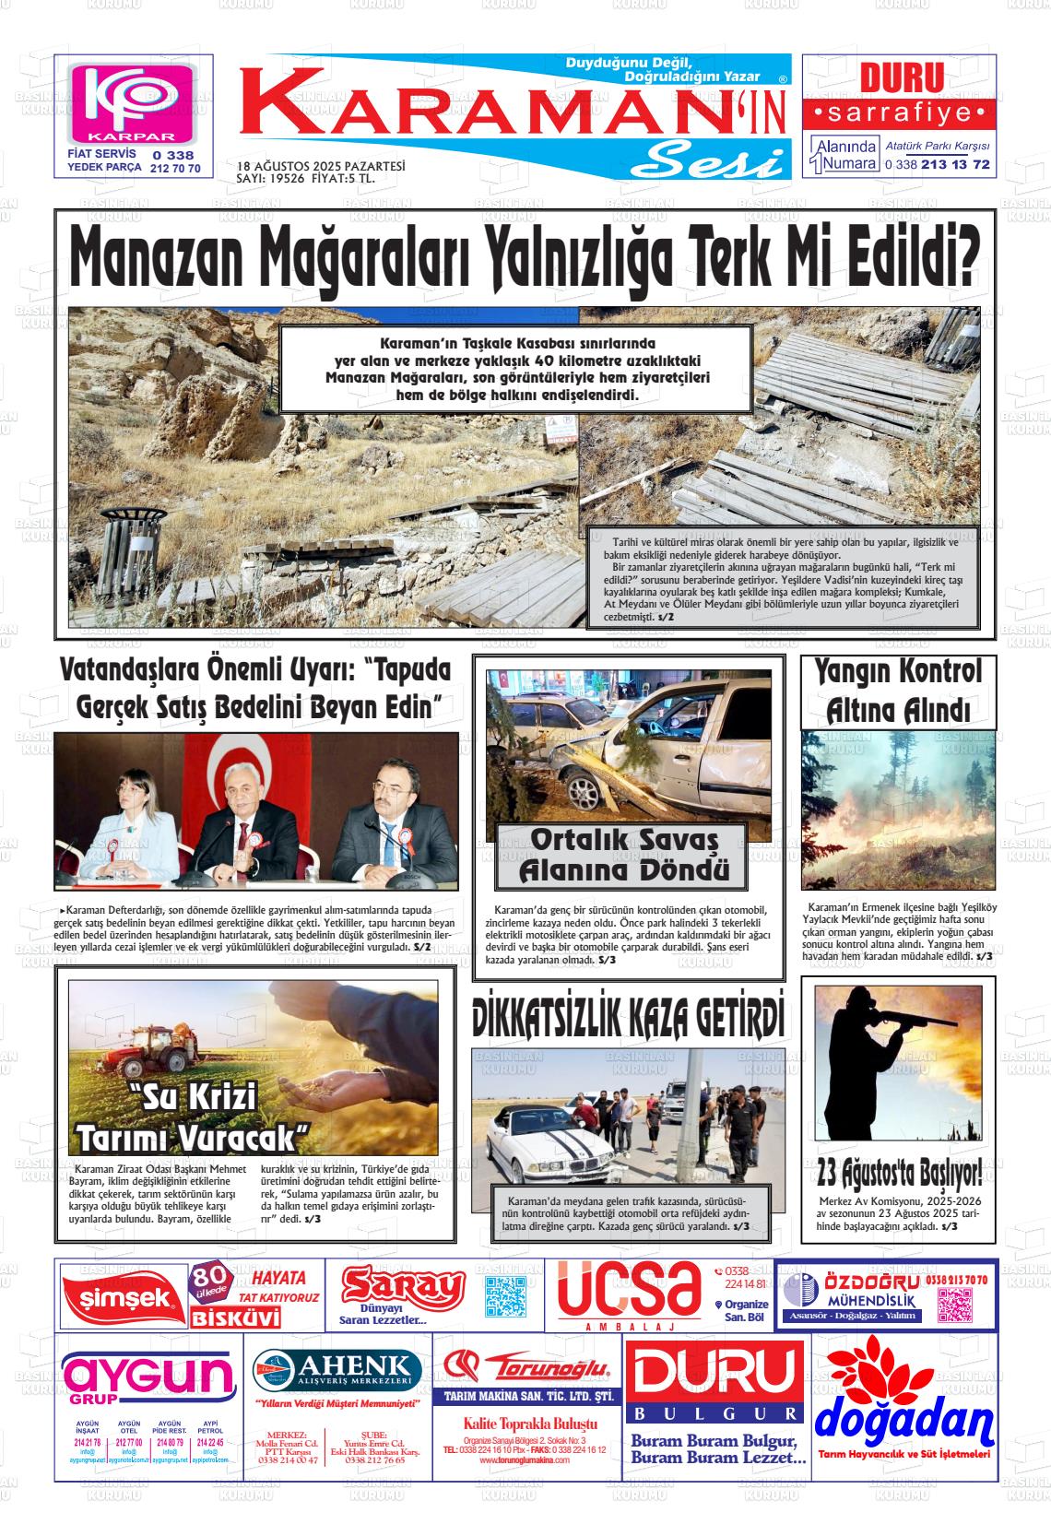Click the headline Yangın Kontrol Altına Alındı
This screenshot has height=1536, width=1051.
tap(897, 691)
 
